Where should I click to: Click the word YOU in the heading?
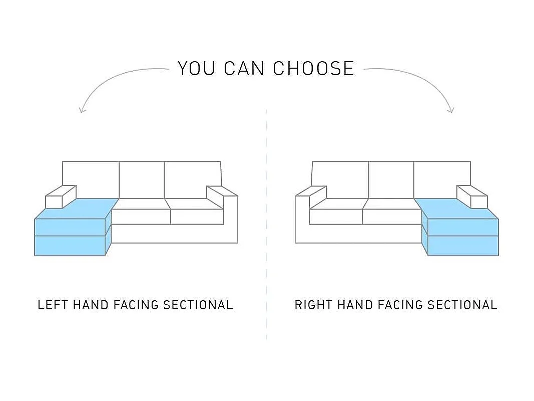coord(197,68)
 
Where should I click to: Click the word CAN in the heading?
coord(244,68)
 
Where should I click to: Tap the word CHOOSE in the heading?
coord(314,68)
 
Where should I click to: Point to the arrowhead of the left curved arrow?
coord(82,110)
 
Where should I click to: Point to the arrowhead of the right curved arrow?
coord(451,110)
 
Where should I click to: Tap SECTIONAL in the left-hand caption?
coord(198,305)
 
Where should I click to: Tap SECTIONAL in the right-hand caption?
coord(462,305)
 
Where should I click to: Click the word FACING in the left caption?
coord(136,305)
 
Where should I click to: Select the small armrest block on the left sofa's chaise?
coord(61,197)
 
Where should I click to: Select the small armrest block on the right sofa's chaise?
coord(472,197)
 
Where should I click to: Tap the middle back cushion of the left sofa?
coord(142,180)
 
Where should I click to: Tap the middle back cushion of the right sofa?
coord(391,180)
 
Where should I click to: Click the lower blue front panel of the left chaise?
coord(70,246)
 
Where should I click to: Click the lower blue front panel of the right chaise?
coord(463,246)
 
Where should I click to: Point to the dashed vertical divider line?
coord(266,225)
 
